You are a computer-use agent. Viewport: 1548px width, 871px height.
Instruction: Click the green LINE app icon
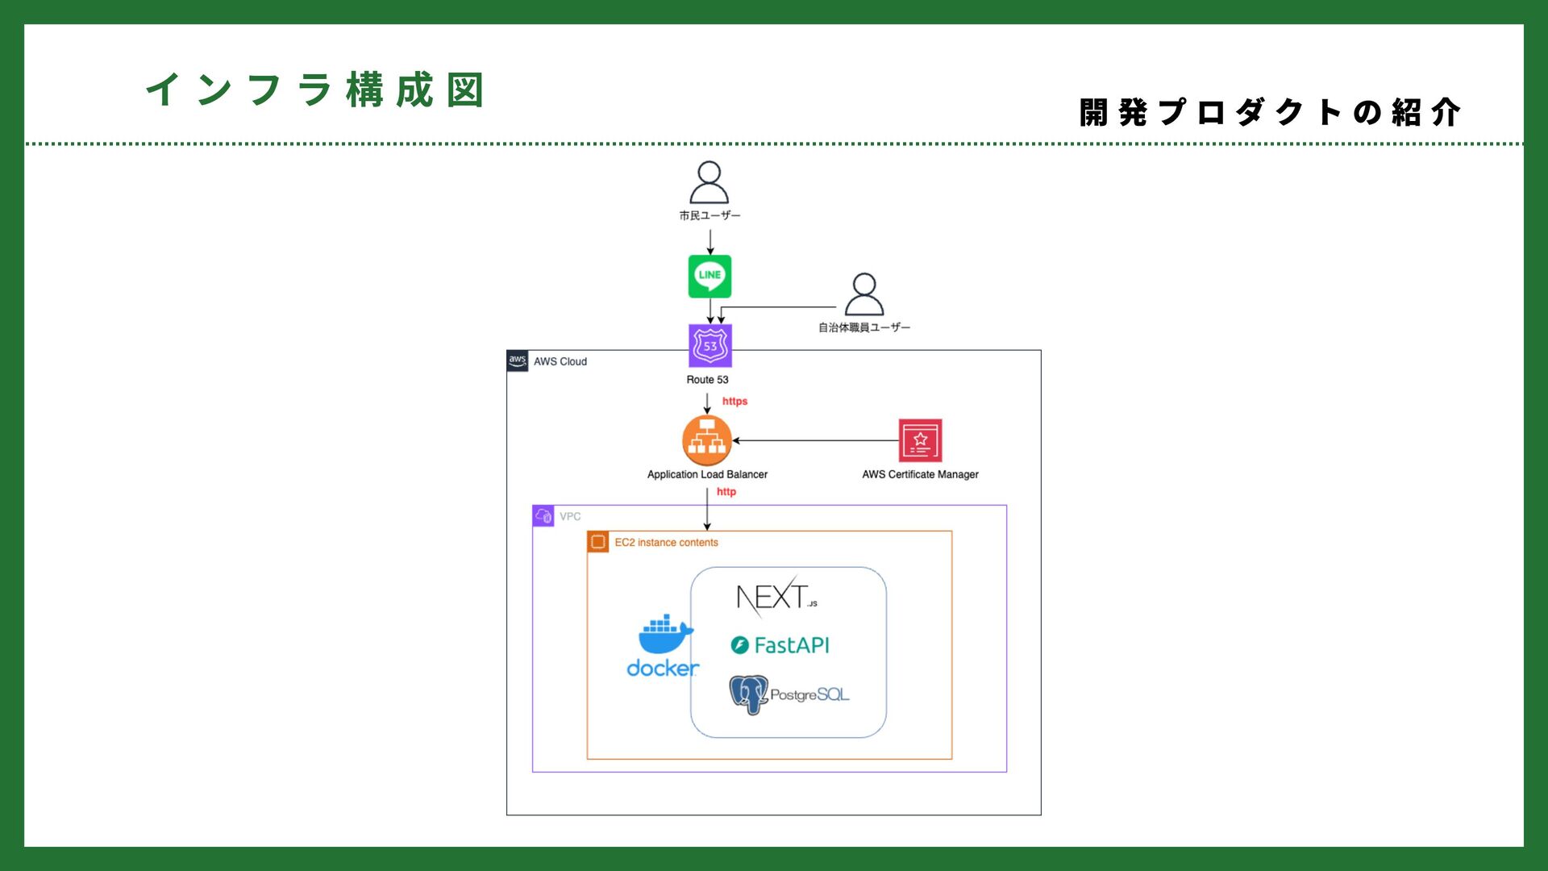709,277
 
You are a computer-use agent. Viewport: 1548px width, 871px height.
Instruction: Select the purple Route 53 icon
709,346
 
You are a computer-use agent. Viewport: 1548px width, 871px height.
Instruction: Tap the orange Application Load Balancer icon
707,440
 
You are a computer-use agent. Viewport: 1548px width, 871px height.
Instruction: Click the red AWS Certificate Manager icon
920,440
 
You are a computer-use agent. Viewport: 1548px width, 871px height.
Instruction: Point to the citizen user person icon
709,182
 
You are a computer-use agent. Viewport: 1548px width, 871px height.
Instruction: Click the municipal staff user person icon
863,294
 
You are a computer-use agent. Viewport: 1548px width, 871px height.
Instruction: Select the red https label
734,402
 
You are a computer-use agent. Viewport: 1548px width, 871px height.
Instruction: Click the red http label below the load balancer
726,492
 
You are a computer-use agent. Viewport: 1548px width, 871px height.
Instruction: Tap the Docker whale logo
664,636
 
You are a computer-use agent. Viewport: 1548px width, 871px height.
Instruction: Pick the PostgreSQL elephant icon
748,694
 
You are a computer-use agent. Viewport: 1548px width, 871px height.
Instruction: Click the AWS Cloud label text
560,362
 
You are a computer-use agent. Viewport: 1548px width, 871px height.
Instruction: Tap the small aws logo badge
518,360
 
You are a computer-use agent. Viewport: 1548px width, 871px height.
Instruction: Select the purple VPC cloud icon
543,516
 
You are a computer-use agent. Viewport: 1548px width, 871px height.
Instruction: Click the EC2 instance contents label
666,543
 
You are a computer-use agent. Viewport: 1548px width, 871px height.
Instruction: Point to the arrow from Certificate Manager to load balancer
814,441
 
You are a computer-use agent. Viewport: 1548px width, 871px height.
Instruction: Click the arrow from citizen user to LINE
709,242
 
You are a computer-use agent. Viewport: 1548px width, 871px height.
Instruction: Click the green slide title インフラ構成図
315,90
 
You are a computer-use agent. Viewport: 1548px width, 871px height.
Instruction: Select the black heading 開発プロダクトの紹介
1270,113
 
